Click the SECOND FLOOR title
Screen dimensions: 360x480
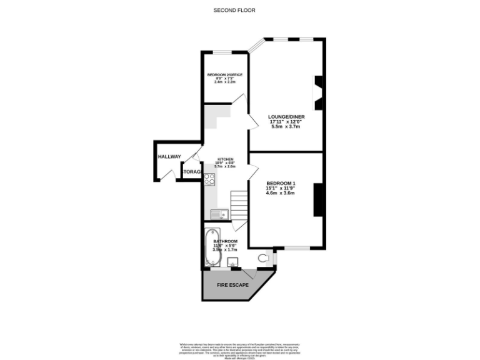[x=234, y=10]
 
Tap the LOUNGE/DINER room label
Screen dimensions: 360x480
[x=286, y=116]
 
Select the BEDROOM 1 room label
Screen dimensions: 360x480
[x=281, y=183]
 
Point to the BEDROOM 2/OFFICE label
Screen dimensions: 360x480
[x=225, y=75]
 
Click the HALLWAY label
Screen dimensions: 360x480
[x=169, y=157]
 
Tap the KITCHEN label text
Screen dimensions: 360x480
[x=225, y=159]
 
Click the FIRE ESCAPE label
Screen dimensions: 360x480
[x=232, y=285]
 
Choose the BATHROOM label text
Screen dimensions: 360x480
[x=225, y=241]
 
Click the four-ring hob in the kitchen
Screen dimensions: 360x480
[x=209, y=181]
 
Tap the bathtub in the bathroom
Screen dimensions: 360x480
[x=209, y=248]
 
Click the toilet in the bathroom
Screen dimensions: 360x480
[x=266, y=257]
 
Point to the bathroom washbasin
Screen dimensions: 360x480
[x=234, y=264]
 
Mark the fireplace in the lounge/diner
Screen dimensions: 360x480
[x=319, y=92]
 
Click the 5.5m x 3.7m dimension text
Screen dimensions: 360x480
[x=286, y=127]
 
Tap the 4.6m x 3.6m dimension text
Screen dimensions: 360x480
[x=281, y=193]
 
